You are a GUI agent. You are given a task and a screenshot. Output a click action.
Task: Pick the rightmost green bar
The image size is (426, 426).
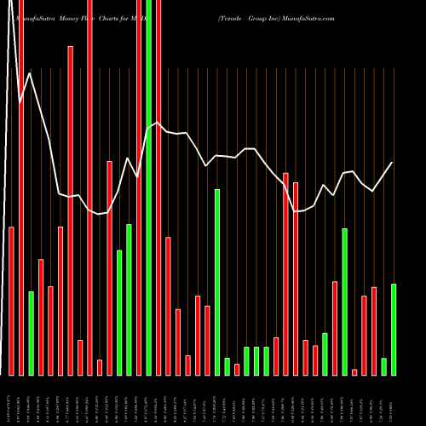394,329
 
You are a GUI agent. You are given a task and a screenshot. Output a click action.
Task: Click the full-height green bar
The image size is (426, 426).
149,187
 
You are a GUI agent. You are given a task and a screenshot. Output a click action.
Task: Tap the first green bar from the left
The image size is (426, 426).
32,333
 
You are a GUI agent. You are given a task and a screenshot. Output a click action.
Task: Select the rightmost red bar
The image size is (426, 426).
374,331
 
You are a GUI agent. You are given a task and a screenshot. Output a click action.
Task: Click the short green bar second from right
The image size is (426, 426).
383,366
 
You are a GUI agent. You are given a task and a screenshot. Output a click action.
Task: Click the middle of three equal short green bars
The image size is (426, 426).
256,360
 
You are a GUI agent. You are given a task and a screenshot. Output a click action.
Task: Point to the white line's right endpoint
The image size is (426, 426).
393,162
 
